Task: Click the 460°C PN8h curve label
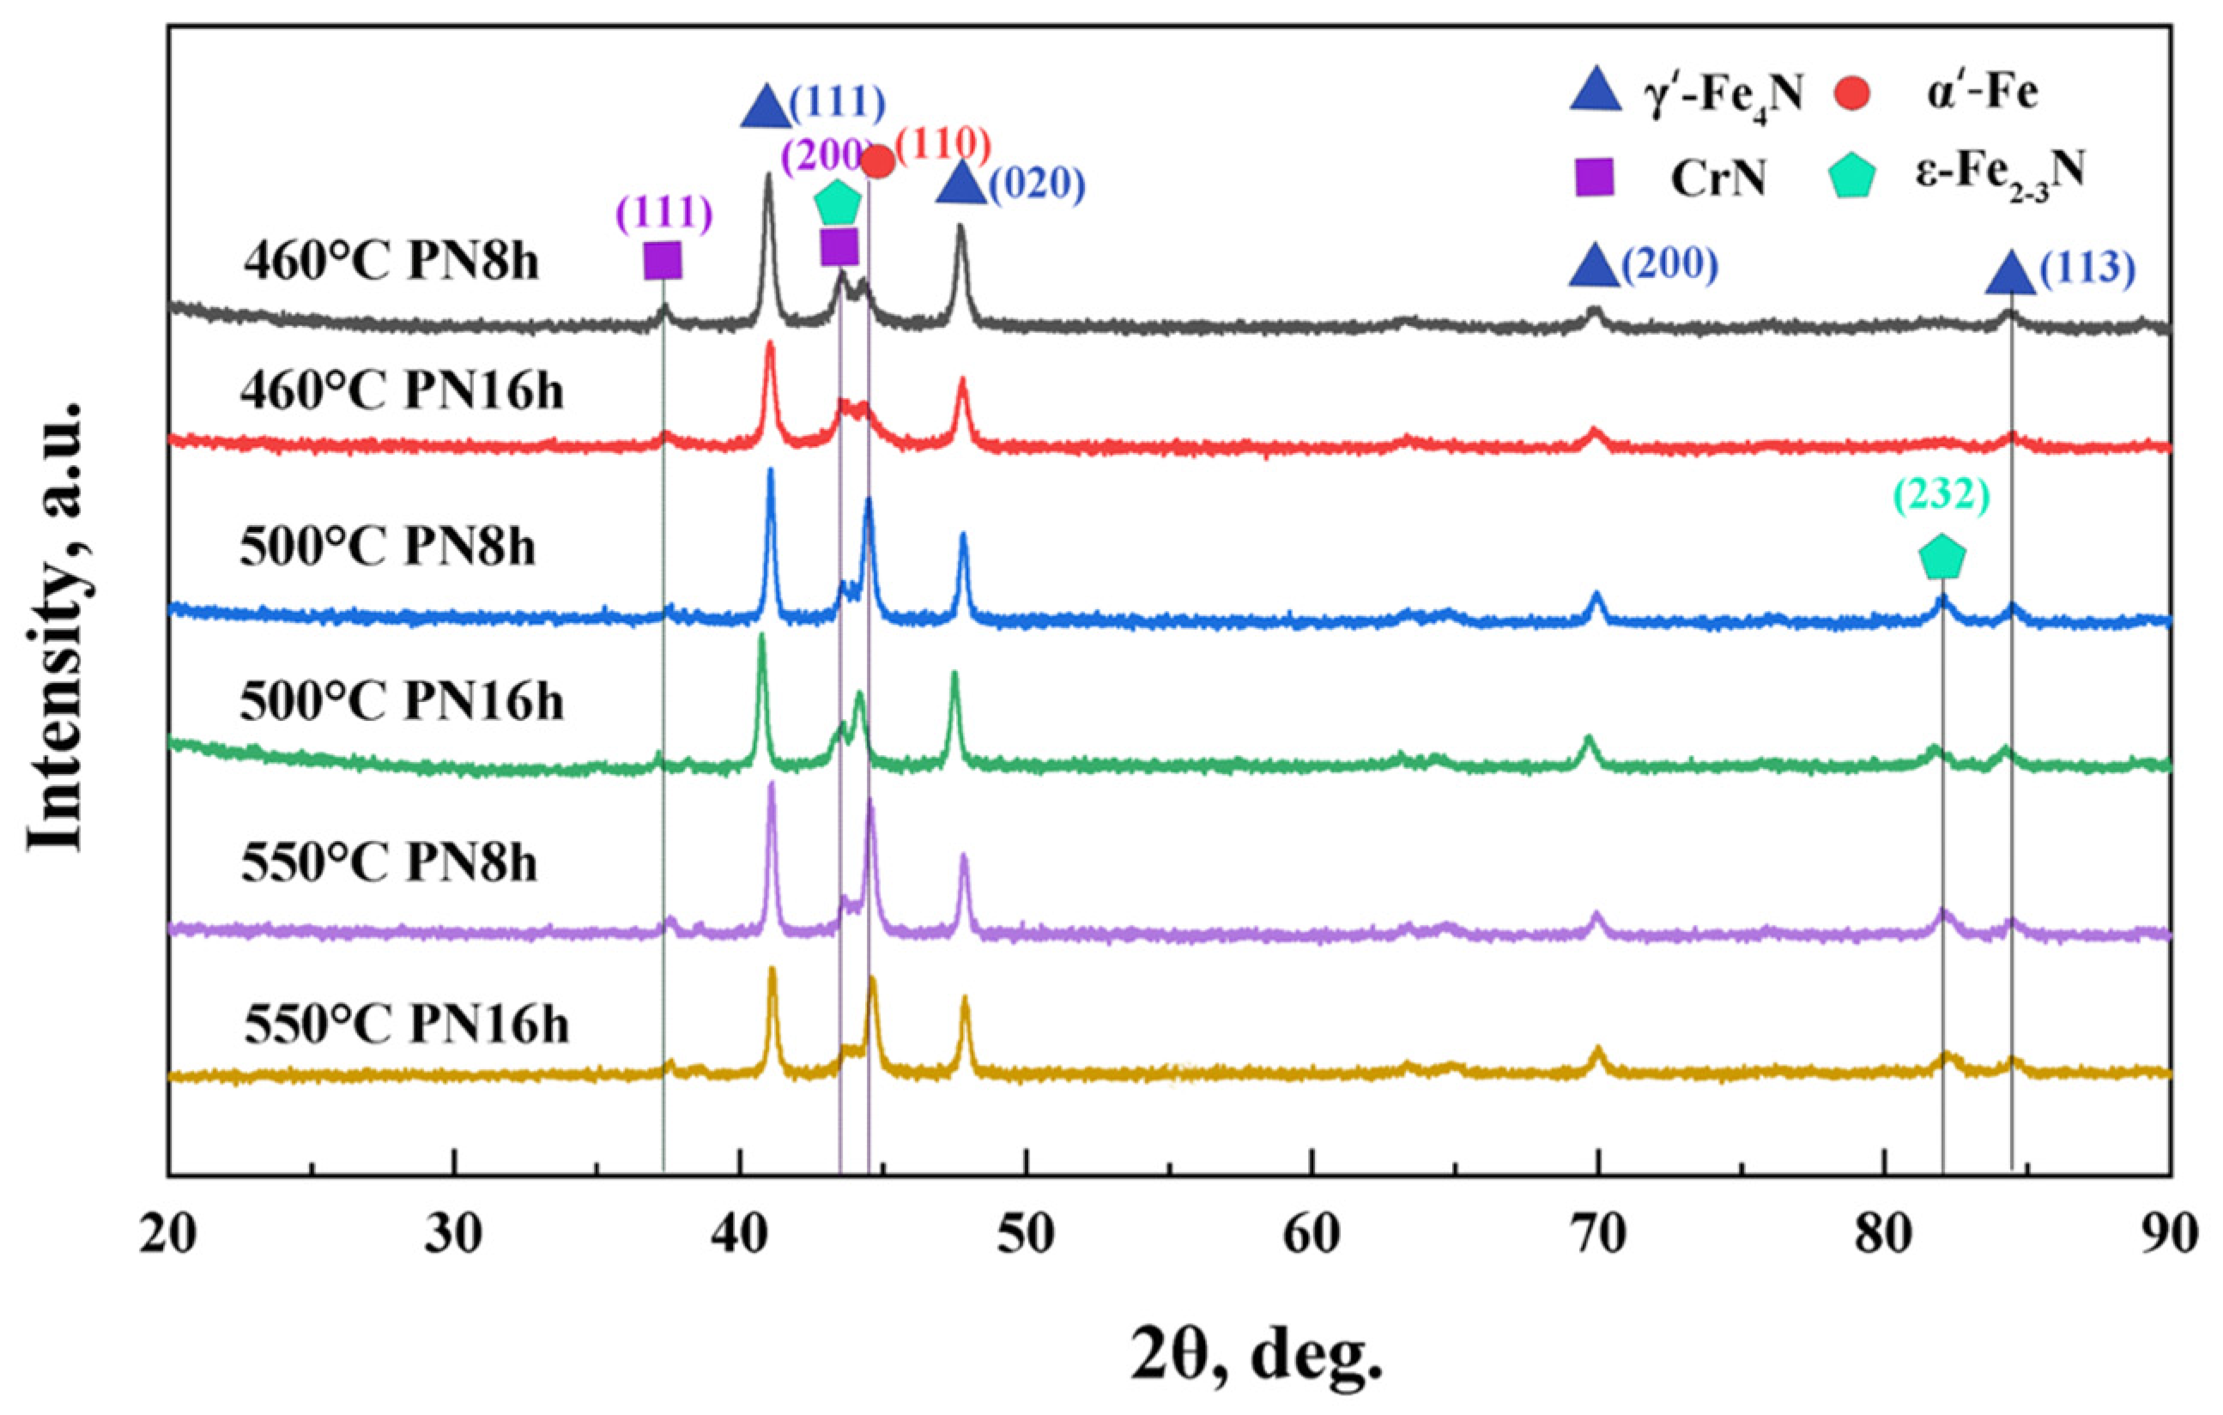pos(391,263)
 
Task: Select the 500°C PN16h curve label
pos(402,703)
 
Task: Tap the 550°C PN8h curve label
pos(389,864)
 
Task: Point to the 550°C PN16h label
pos(406,1024)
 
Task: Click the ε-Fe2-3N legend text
pos(1999,172)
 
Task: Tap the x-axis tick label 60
pos(1311,1237)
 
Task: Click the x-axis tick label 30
pos(454,1237)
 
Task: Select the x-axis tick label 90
pos(2170,1237)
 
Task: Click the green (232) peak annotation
pos(1941,498)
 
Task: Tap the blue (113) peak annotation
pos(2087,269)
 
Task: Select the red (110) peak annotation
pos(943,145)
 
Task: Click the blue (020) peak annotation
pos(1037,185)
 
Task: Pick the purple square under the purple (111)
pos(662,260)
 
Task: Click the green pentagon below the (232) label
pos(1942,558)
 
